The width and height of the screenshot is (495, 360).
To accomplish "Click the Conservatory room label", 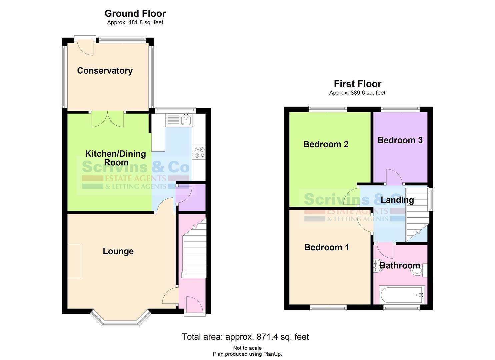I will (105, 71).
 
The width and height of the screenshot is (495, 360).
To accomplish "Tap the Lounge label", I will (118, 251).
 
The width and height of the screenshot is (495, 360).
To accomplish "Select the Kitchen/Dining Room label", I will (116, 158).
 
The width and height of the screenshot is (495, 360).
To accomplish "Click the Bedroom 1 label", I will (326, 247).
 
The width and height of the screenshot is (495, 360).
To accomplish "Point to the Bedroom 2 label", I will (326, 144).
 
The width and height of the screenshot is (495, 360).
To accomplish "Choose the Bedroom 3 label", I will (400, 140).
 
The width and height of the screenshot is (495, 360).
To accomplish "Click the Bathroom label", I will (399, 266).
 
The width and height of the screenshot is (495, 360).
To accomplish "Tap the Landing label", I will (397, 200).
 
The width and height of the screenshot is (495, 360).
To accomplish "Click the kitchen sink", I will (186, 120).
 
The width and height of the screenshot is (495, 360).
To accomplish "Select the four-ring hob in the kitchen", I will (199, 152).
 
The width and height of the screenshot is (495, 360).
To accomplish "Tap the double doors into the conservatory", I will (108, 119).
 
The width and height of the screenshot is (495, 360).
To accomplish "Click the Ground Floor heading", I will (135, 14).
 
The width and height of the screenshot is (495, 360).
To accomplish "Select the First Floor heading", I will (357, 84).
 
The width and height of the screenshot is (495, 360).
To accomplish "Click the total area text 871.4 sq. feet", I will (245, 337).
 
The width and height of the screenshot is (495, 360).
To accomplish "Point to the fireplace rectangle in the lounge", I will (74, 261).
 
